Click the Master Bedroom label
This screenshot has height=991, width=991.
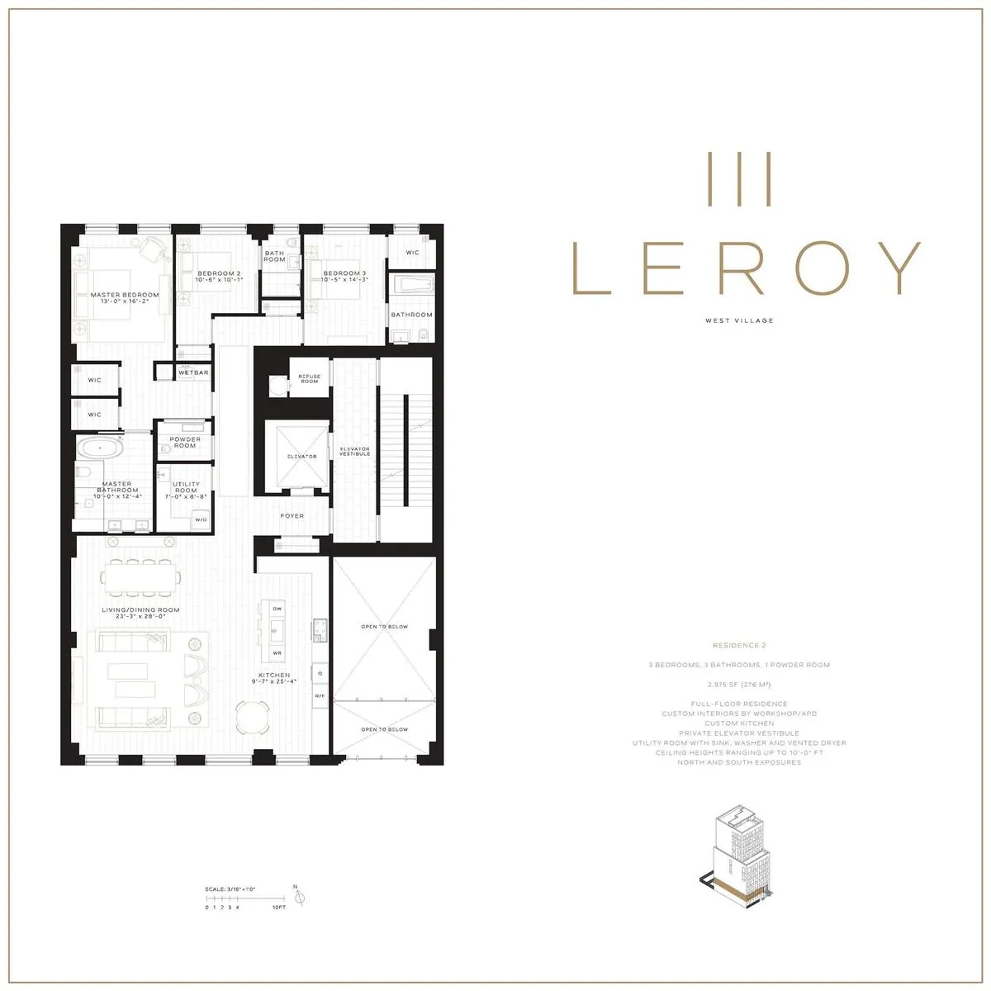coord(124,295)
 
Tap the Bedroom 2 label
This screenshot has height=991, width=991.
coord(219,273)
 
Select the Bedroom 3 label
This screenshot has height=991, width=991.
coord(345,273)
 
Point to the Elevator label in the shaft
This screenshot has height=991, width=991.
coord(301,457)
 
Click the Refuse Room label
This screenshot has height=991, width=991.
coord(309,378)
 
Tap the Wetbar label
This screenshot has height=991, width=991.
coord(193,372)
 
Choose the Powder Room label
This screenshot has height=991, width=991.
coord(185,443)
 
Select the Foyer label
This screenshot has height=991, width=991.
coord(292,516)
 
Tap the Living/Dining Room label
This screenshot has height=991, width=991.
coord(140,610)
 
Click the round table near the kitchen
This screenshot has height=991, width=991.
coord(251,717)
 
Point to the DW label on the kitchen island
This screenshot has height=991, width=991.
coord(277,609)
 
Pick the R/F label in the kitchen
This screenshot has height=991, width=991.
coord(319,696)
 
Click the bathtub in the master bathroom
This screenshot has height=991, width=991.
coord(100,449)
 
